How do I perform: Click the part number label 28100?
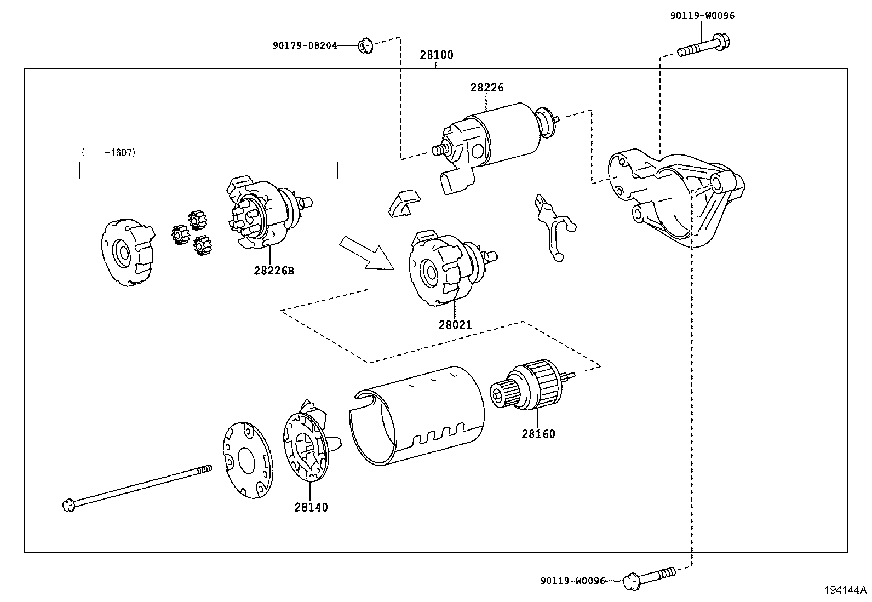[x=437, y=55]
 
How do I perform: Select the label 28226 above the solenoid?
[x=486, y=87]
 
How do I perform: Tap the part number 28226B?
[x=274, y=271]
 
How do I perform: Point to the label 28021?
[x=455, y=325]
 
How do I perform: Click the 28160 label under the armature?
[x=538, y=434]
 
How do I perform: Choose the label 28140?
[x=311, y=507]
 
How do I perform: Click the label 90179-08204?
[x=305, y=46]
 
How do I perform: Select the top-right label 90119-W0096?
[x=702, y=15]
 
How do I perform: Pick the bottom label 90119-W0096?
[x=572, y=581]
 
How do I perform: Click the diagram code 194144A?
[x=846, y=590]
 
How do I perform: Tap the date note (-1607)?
[x=108, y=152]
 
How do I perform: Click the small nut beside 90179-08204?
[x=365, y=46]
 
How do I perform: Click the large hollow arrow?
[x=366, y=252]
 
